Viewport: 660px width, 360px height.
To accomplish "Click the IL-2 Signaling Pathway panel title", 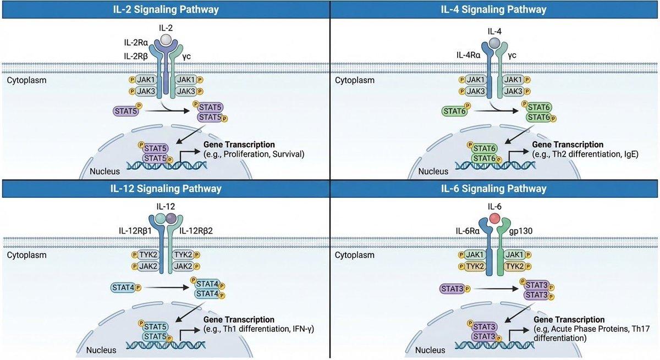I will pos(164,9).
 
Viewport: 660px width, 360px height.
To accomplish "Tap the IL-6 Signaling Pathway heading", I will pos(495,189).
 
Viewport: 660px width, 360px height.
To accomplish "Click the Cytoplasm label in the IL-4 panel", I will pos(355,80).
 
